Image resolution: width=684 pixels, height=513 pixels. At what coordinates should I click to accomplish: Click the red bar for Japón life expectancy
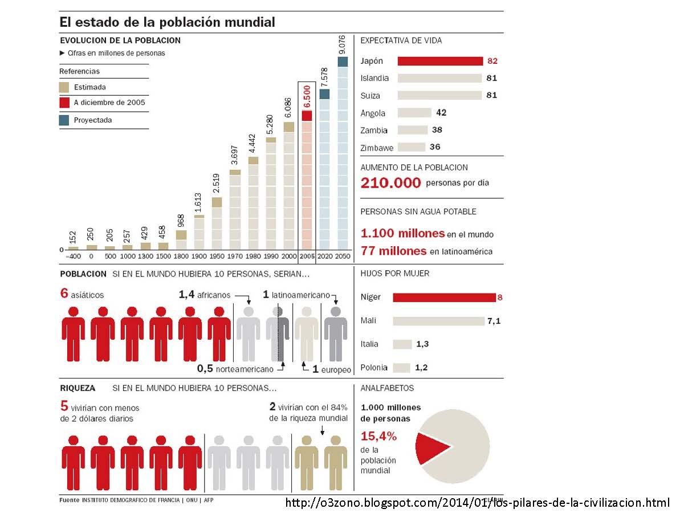440,62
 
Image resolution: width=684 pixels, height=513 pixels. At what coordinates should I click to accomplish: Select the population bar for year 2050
342,154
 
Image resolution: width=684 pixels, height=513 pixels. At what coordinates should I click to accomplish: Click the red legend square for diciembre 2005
64,103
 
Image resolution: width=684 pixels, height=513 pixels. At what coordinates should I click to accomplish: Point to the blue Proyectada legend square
64,120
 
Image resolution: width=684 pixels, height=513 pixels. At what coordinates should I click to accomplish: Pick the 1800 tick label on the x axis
181,257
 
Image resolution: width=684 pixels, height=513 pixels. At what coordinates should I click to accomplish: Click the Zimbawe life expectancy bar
411,147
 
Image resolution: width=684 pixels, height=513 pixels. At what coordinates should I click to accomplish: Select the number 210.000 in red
391,183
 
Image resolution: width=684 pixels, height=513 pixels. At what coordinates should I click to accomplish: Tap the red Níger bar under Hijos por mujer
444,298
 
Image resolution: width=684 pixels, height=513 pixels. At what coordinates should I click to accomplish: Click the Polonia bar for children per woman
401,368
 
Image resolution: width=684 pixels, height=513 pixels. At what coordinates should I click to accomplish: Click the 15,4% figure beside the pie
378,437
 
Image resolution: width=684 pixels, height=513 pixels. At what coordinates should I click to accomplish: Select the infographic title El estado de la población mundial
168,22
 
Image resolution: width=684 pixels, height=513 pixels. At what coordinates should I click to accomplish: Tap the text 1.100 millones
402,233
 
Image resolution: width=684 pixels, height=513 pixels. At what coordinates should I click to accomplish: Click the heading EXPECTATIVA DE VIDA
401,40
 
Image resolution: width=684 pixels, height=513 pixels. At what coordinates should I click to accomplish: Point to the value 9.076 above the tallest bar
342,45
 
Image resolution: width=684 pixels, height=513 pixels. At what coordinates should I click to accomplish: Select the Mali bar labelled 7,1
438,321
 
